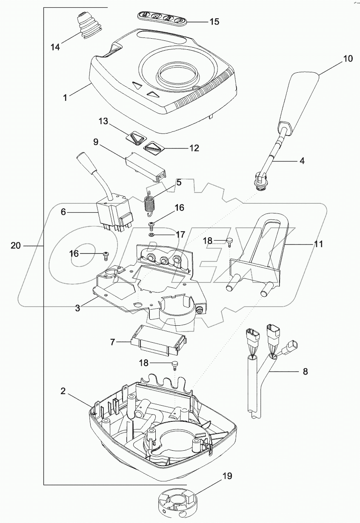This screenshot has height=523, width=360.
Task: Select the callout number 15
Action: tap(214, 21)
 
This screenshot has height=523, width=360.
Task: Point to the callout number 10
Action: tap(348, 59)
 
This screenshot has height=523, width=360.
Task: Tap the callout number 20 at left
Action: tap(16, 245)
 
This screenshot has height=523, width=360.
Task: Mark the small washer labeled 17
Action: tap(152, 234)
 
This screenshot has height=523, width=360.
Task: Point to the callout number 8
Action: tap(305, 371)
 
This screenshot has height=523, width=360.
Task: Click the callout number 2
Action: tap(63, 392)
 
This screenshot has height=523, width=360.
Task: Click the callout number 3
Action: tap(77, 308)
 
